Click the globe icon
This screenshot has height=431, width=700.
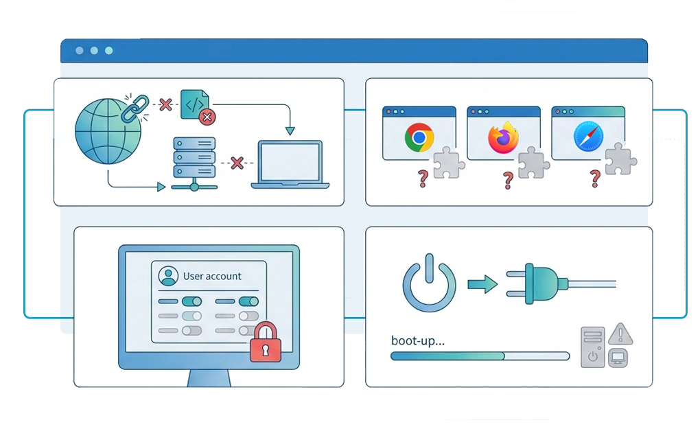(x=108, y=131)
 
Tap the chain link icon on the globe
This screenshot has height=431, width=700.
(x=135, y=108)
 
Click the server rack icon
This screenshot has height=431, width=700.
(x=194, y=163)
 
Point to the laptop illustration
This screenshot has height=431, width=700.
(x=290, y=164)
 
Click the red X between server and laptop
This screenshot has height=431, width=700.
(x=237, y=163)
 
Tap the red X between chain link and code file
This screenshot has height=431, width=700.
(x=165, y=104)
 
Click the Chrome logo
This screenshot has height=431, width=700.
(x=419, y=137)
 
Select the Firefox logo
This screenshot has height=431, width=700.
(x=504, y=137)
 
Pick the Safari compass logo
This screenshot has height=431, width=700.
(x=588, y=137)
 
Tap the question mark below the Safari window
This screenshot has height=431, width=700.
(x=595, y=178)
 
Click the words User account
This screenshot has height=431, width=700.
(x=212, y=276)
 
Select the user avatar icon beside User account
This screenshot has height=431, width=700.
(x=168, y=276)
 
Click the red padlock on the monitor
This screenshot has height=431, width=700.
(x=266, y=342)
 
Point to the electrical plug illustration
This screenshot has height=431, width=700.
(x=561, y=283)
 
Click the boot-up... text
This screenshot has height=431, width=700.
(x=418, y=341)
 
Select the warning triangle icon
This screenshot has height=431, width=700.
(x=620, y=334)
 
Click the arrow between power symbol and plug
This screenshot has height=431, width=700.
(x=482, y=284)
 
